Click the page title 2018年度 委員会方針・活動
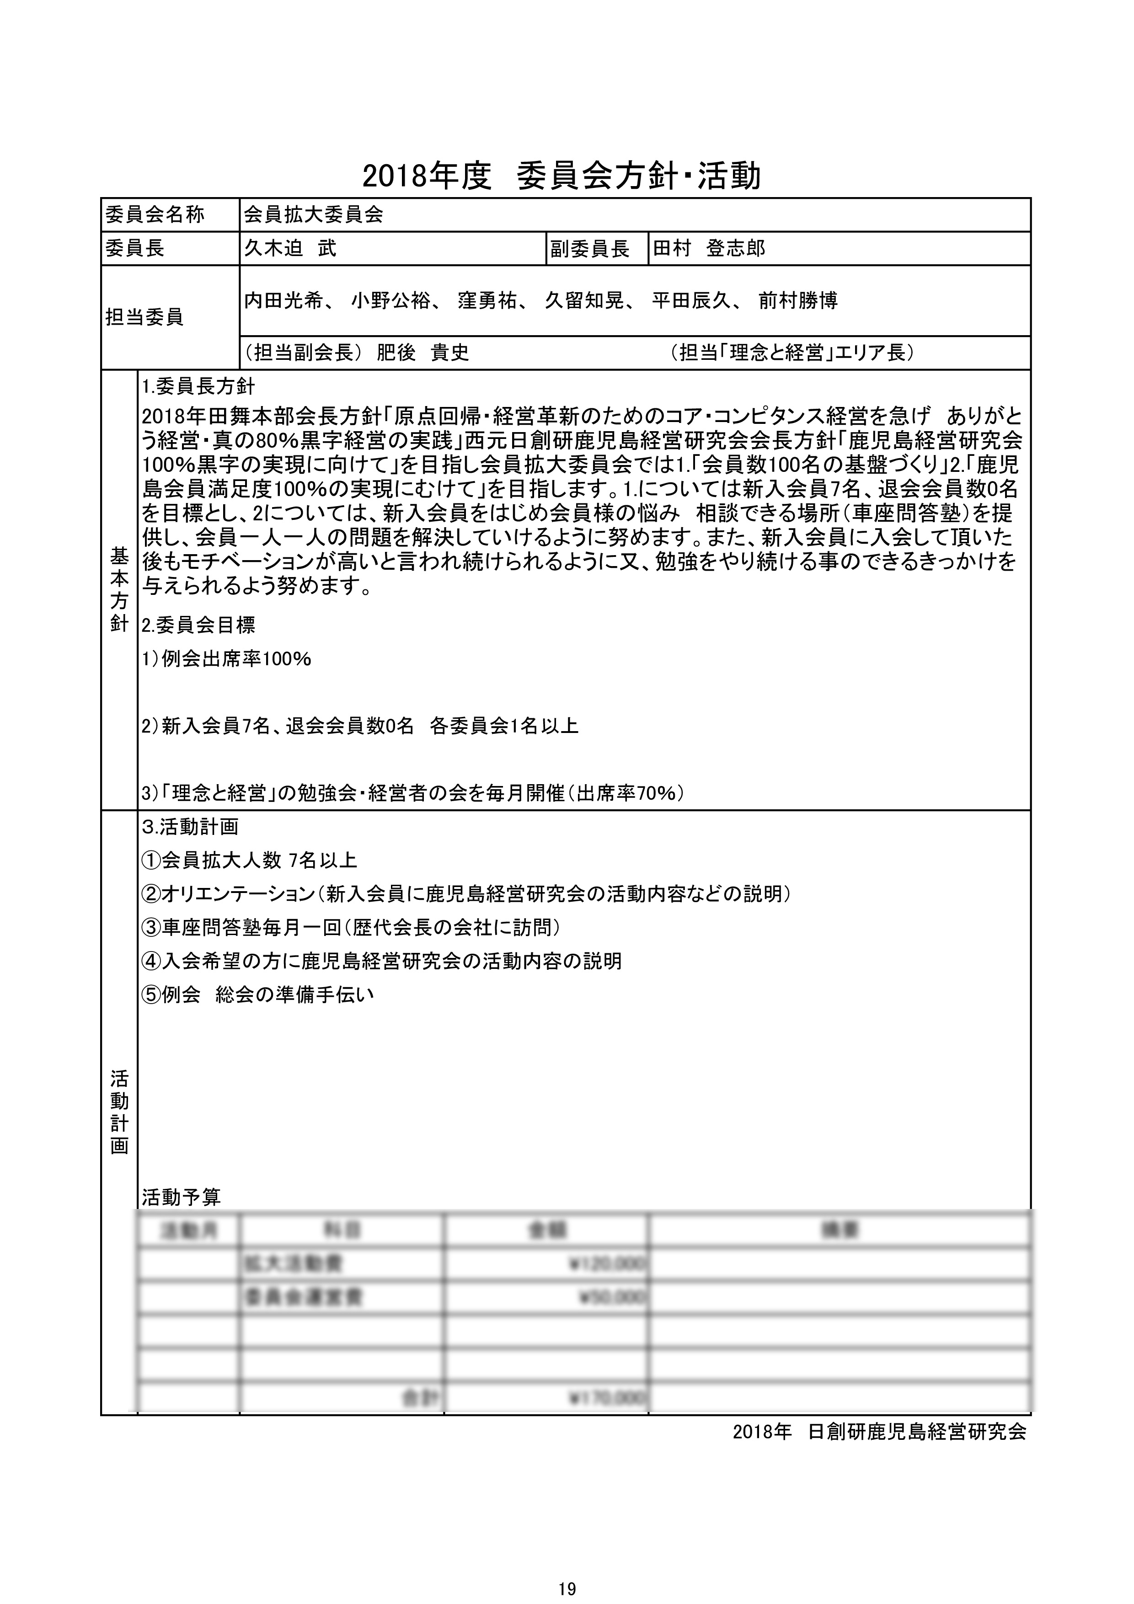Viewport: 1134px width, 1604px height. [x=561, y=177]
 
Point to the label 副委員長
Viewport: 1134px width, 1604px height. [x=590, y=249]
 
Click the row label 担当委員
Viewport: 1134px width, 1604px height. [x=144, y=317]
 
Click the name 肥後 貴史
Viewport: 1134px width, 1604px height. [x=423, y=353]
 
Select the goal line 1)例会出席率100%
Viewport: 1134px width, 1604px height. [x=226, y=659]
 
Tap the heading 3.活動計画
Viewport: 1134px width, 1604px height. [x=190, y=827]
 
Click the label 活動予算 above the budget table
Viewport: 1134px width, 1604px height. [x=181, y=1198]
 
